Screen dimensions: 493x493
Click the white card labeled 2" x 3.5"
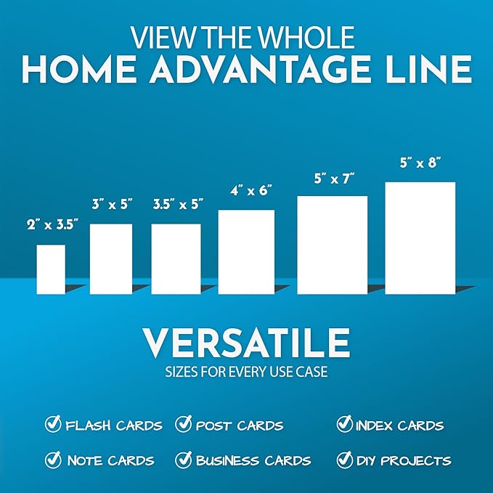pyautogui.click(x=51, y=269)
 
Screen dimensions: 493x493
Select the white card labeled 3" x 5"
pyautogui.click(x=110, y=258)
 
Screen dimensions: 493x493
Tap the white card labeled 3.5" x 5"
pyautogui.click(x=176, y=258)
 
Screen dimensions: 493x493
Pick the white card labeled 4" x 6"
pyautogui.click(x=246, y=252)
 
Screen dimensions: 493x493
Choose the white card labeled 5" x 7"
pyautogui.click(x=333, y=245)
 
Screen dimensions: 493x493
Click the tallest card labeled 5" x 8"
pyautogui.click(x=420, y=237)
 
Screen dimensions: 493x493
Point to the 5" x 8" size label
pyautogui.click(x=420, y=165)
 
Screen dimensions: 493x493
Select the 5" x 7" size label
pyautogui.click(x=333, y=178)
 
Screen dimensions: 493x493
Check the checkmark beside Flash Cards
pyautogui.click(x=53, y=424)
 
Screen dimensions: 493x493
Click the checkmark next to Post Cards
pyautogui.click(x=184, y=424)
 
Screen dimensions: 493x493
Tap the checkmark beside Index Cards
pyautogui.click(x=344, y=424)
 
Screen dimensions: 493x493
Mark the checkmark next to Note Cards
pyautogui.click(x=53, y=459)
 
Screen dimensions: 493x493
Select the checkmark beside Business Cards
pyautogui.click(x=184, y=459)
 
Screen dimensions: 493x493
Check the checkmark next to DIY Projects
pyautogui.click(x=344, y=459)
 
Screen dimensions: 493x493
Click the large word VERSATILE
pyautogui.click(x=246, y=343)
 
